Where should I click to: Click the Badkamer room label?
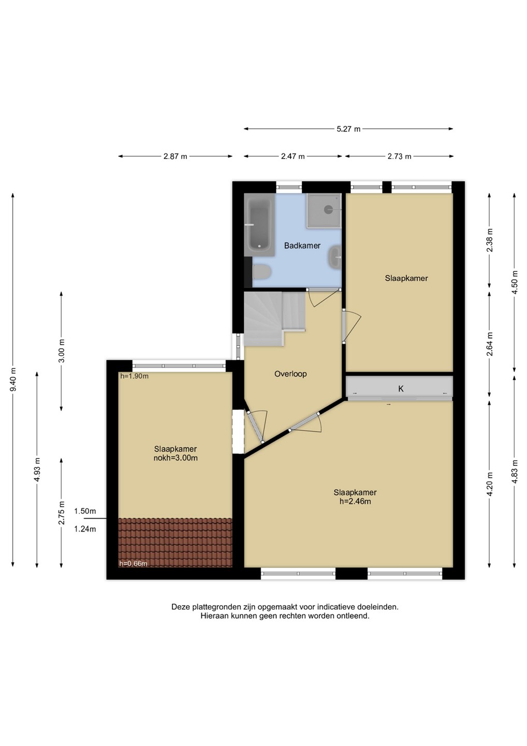tap(302, 246)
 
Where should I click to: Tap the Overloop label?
tap(290, 374)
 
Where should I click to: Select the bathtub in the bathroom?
tap(259, 225)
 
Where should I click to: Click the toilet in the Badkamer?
tap(262, 272)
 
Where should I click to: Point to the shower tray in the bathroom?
tap(325, 211)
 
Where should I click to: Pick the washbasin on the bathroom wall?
tap(335, 257)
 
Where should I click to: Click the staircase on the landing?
tap(275, 319)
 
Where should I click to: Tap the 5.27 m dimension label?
tap(348, 129)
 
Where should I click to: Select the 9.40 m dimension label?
tap(13, 380)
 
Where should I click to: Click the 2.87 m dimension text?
tap(175, 156)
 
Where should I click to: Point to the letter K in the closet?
tap(401, 389)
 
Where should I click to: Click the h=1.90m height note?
tap(135, 376)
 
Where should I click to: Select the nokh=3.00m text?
tap(175, 458)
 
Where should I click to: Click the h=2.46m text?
tap(355, 501)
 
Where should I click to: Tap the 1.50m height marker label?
tap(85, 511)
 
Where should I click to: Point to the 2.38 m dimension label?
tap(489, 240)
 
